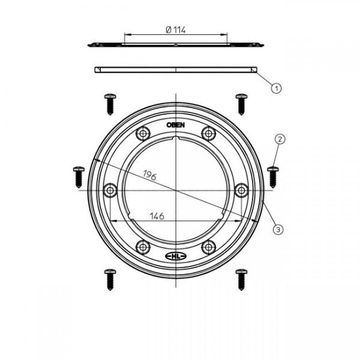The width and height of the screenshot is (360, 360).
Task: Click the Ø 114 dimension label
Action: pos(176,30)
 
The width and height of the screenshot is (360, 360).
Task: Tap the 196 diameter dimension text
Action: pos(149,175)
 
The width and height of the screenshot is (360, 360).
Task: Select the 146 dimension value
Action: pos(157,216)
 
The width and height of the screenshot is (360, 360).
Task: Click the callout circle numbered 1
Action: pos(276,88)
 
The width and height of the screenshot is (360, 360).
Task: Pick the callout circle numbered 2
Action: pos(280,139)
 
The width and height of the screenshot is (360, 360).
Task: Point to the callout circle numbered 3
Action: pos(278,229)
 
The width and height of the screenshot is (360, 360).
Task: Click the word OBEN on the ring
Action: pos(176,125)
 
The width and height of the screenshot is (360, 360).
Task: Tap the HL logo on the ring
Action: pos(176,256)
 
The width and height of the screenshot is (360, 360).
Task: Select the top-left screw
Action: pos(110,104)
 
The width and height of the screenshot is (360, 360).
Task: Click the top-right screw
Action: pos(242,104)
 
